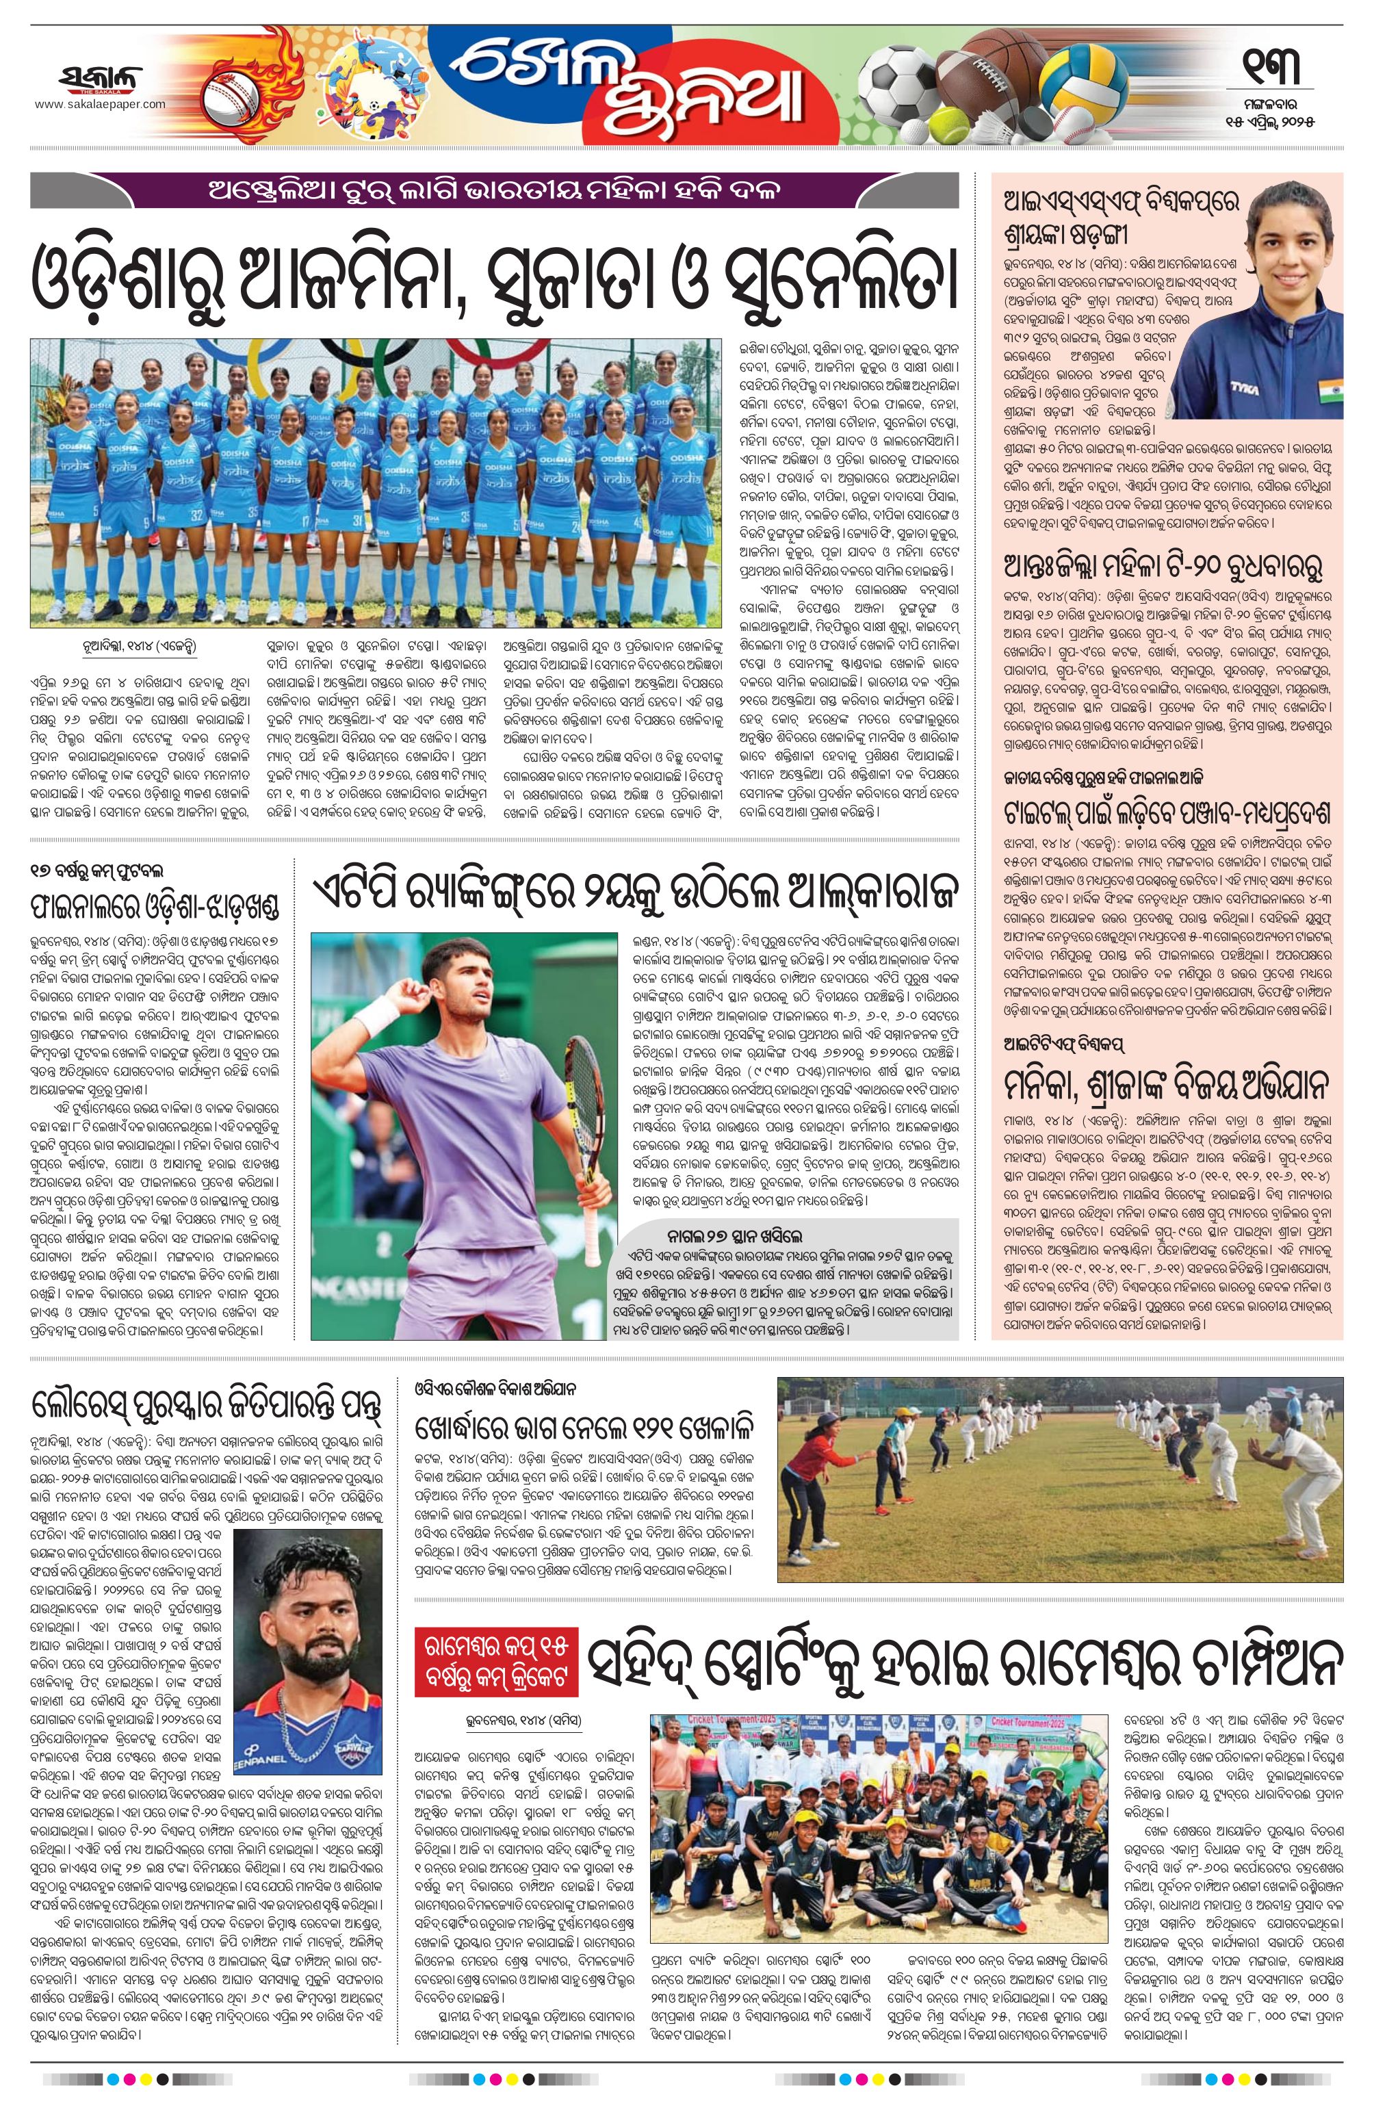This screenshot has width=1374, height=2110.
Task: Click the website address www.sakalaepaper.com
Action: [x=100, y=105]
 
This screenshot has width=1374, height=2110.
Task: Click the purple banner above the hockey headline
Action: [x=494, y=191]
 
